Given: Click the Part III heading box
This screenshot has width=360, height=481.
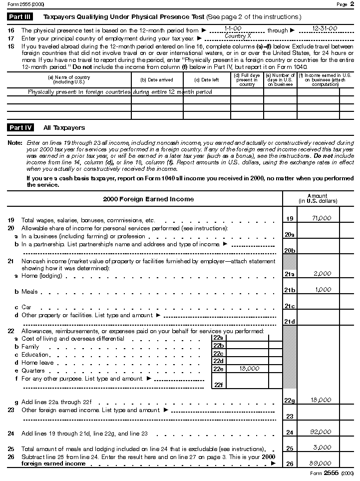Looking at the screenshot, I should [x=20, y=17].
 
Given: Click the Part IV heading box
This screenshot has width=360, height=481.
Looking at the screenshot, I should [x=20, y=128].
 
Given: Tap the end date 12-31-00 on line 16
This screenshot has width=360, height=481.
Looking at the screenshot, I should [x=324, y=28].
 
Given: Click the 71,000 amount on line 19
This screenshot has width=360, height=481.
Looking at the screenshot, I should [x=322, y=218].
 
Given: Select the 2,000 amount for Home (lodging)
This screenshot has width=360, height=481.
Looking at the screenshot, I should [x=322, y=274].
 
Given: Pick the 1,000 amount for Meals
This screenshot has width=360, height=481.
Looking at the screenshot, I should [x=323, y=290].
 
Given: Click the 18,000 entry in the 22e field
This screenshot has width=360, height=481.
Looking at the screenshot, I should [x=249, y=369].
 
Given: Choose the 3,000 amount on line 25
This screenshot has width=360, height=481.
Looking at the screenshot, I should [x=322, y=448].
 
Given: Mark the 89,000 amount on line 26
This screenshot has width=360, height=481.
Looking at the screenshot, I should [x=322, y=464].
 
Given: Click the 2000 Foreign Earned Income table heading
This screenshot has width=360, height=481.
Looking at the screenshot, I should [x=148, y=199].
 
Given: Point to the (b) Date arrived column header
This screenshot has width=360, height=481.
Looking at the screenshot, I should [x=157, y=79].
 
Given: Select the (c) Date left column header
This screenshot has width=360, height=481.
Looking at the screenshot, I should [x=207, y=79].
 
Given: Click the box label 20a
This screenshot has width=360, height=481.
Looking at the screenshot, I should [x=289, y=234].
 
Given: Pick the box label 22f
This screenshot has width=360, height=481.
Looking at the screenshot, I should [x=218, y=385].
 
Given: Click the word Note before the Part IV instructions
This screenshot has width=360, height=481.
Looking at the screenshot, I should [x=15, y=143].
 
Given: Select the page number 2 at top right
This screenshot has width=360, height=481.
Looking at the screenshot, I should [x=352, y=4].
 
